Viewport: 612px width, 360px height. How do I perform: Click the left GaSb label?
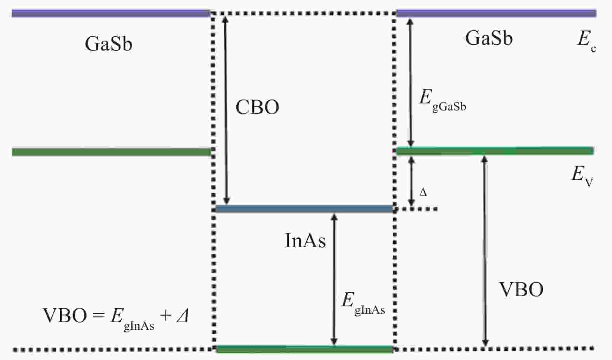pos(108,44)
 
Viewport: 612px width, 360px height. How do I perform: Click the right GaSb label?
pos(489,38)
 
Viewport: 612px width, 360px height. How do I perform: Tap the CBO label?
pos(257,107)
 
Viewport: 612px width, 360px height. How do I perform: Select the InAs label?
pos(305,241)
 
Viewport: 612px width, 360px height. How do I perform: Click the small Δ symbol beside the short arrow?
pos(423,192)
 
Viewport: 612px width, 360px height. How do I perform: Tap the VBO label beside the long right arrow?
pos(521,290)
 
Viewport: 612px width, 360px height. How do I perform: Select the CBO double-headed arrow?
pos(226,109)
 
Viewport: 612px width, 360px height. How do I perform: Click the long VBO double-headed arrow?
pos(485,251)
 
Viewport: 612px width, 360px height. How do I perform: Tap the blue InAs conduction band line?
pos(304,209)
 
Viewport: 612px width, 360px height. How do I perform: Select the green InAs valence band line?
pos(304,349)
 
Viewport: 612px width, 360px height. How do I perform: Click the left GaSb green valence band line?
pos(111,152)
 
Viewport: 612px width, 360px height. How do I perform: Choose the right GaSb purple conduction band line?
pos(496,14)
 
